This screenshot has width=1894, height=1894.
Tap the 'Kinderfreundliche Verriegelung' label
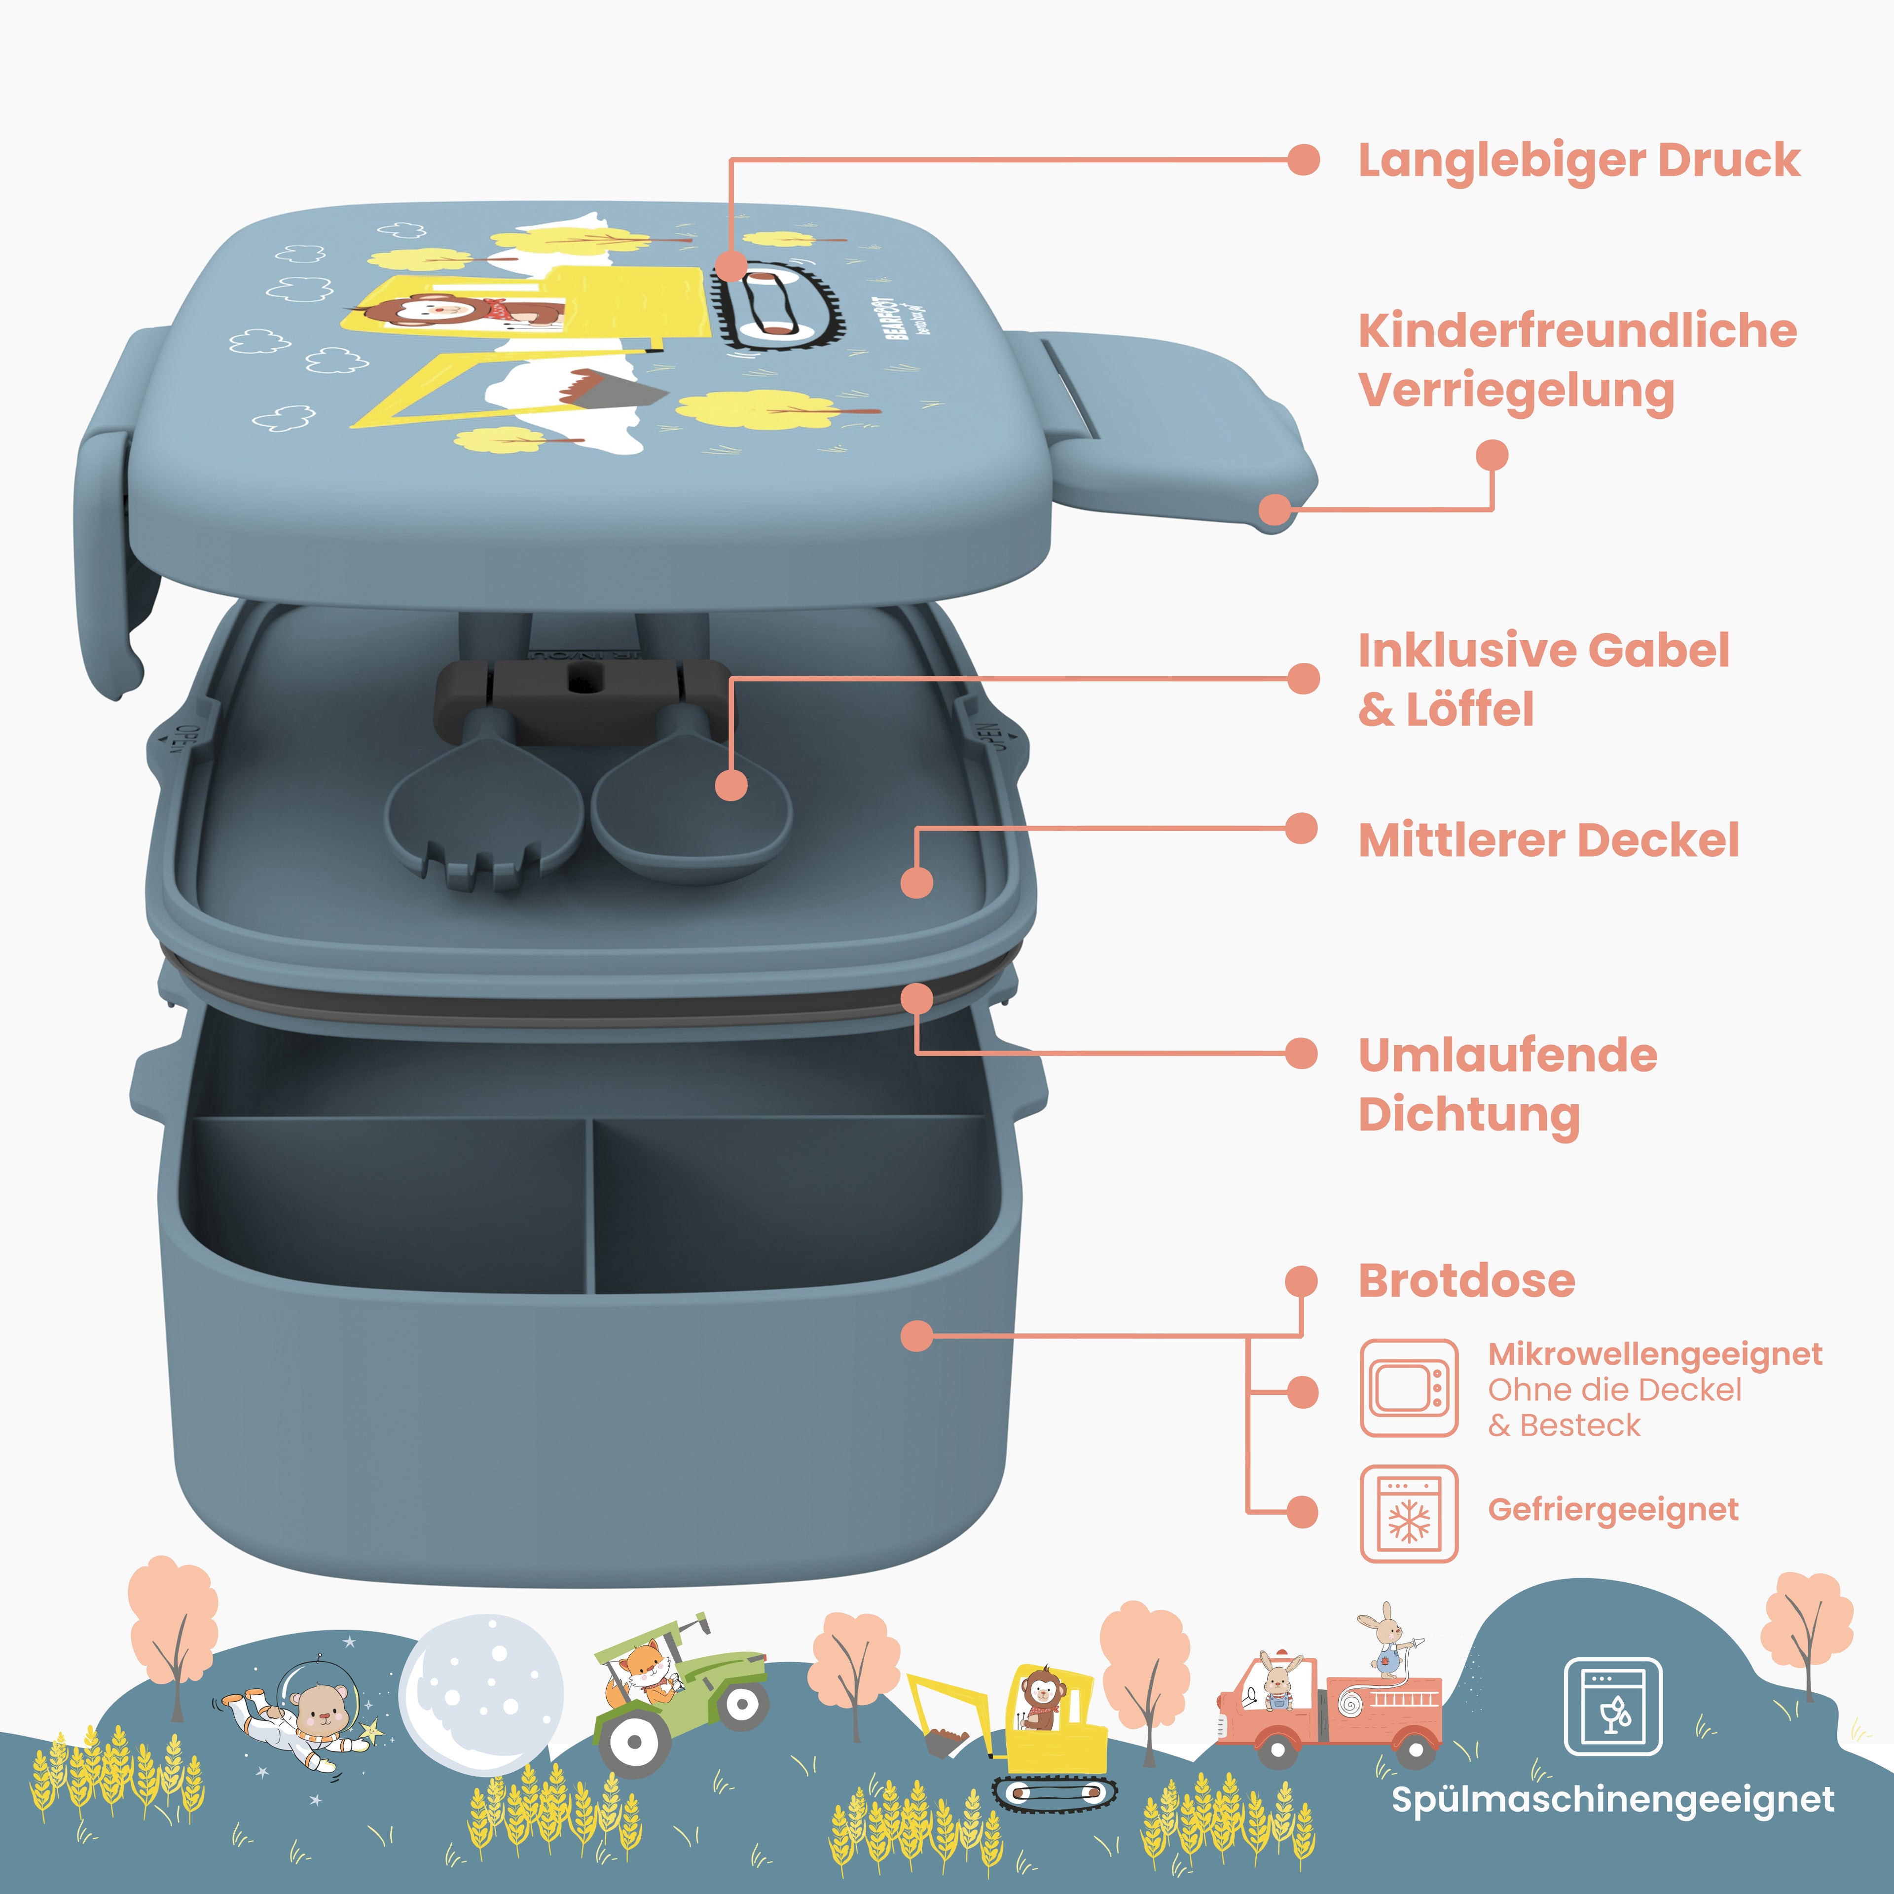tap(1576, 361)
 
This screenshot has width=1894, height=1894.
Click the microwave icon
tap(1409, 1388)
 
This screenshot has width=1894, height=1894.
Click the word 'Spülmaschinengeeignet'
tap(1613, 1800)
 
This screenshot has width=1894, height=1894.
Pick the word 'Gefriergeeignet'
tap(1613, 1510)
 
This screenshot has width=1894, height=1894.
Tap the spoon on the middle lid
tap(691, 814)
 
